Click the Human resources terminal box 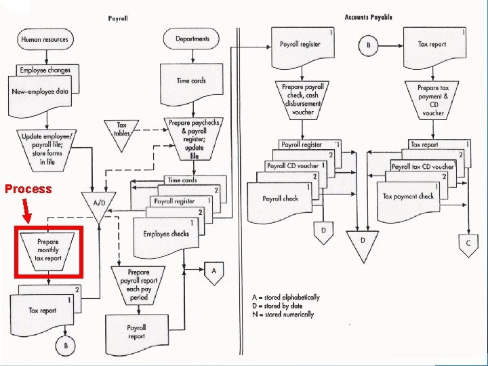click(45, 39)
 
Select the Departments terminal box click(192, 39)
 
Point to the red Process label click(28, 189)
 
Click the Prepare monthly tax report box click(47, 250)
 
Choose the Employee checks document click(165, 235)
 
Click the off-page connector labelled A click(213, 271)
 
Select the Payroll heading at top click(118, 18)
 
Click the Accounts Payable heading click(368, 17)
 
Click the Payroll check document click(280, 199)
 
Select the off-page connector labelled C click(467, 244)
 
